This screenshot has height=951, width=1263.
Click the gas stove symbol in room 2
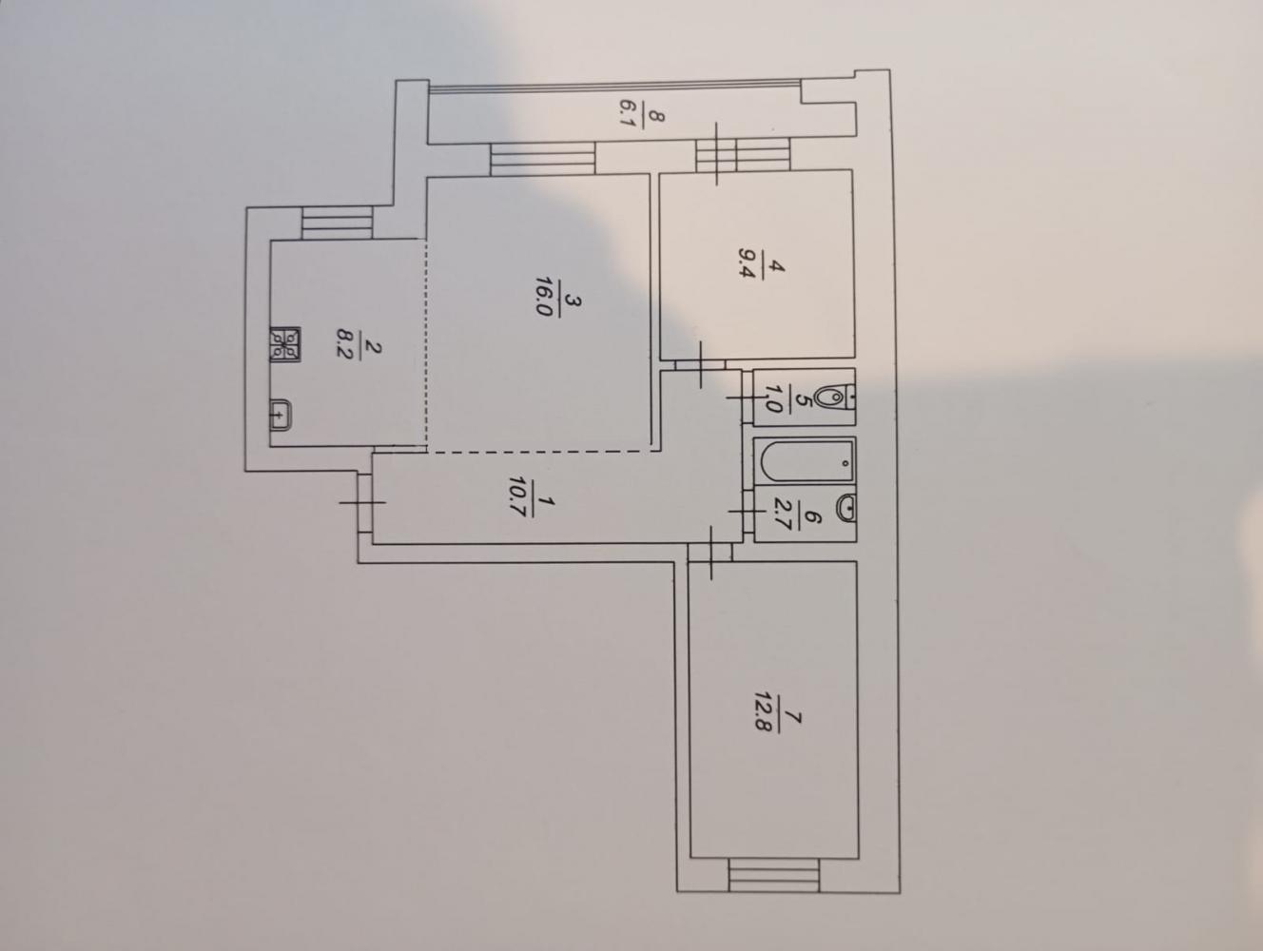pyautogui.click(x=284, y=344)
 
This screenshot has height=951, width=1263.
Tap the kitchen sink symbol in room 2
pyautogui.click(x=281, y=415)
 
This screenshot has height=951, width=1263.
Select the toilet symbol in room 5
pyautogui.click(x=836, y=397)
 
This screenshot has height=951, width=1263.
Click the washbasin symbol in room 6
pyautogui.click(x=846, y=508)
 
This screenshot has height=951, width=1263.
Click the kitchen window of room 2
pyautogui.click(x=337, y=223)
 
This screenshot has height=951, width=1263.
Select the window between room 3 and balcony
pyautogui.click(x=542, y=159)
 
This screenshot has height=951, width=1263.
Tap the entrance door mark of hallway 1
pyautogui.click(x=363, y=502)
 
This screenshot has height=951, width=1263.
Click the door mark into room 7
pyautogui.click(x=710, y=553)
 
